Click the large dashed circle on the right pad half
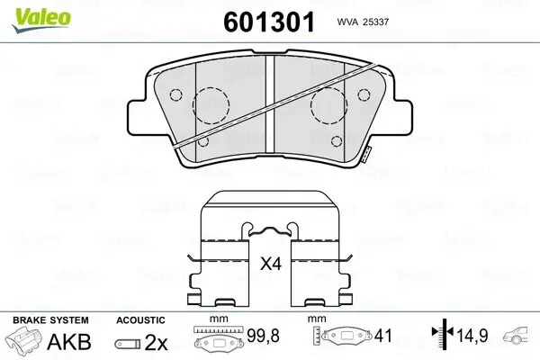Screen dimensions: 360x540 tap(328, 106)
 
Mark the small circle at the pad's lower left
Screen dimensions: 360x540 tap(203, 140)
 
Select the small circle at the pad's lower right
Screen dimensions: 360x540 tap(337, 140)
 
